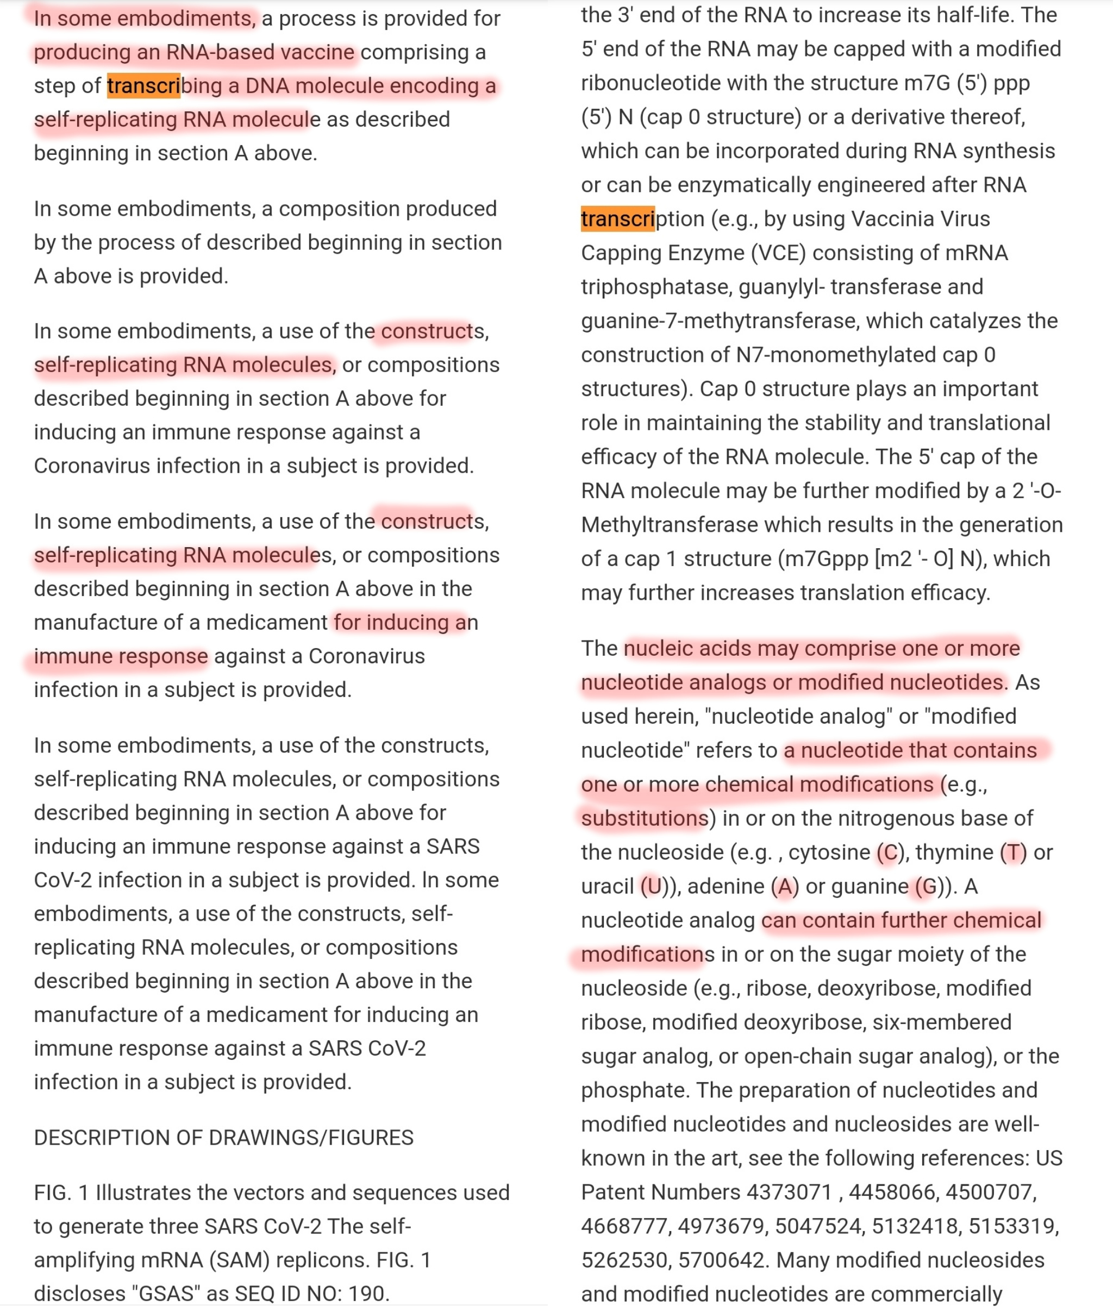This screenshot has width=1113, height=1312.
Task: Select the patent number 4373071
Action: (x=789, y=1192)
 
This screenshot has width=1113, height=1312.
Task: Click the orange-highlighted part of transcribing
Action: (x=144, y=86)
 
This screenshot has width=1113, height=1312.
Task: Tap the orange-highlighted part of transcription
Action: (x=618, y=219)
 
